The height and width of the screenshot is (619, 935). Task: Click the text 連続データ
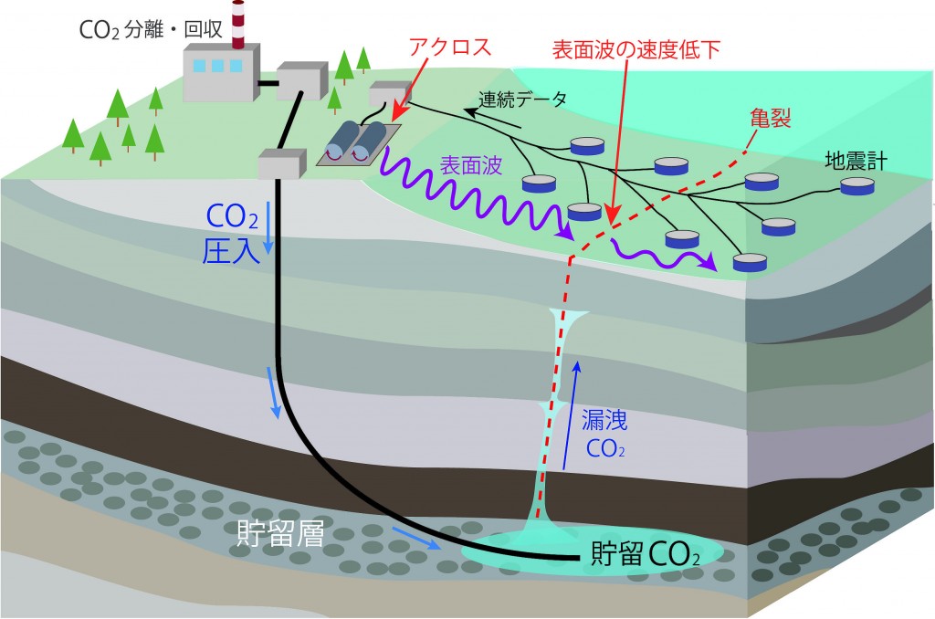coord(523,99)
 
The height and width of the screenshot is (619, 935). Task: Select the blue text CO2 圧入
coord(229,232)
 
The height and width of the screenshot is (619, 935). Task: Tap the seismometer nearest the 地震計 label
coord(856,186)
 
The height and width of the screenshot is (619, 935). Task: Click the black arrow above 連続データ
coord(489,112)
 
